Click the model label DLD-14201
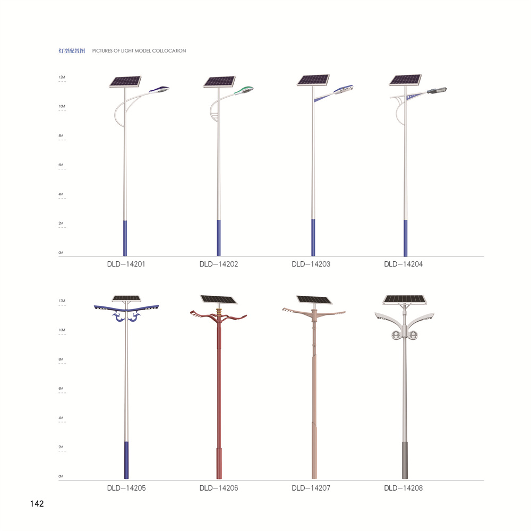(x=126, y=264)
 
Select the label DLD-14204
(x=404, y=264)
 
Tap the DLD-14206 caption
(x=219, y=488)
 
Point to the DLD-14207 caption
(x=311, y=488)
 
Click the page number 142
(x=37, y=503)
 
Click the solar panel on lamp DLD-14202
(x=219, y=82)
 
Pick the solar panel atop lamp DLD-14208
(x=404, y=299)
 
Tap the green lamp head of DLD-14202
(x=244, y=90)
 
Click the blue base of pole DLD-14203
(x=313, y=237)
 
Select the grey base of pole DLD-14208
(x=405, y=460)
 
